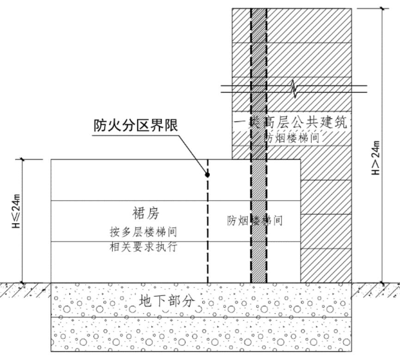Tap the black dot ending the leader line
(x=207, y=175)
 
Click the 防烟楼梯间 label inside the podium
(x=255, y=220)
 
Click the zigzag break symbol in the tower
(x=295, y=88)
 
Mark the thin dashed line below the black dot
(x=207, y=231)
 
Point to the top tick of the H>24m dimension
(x=382, y=8)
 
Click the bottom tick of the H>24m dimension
(x=382, y=282)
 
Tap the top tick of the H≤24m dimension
(x=22, y=159)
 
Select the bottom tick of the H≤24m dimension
(x=22, y=282)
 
